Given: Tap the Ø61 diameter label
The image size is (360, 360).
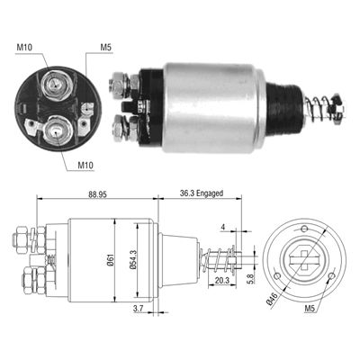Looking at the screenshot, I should [107, 262].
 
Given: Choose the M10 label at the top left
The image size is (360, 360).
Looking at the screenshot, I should [24, 48].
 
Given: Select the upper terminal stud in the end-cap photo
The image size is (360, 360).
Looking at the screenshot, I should [53, 85].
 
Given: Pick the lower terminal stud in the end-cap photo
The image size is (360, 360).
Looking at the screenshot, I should [57, 129].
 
